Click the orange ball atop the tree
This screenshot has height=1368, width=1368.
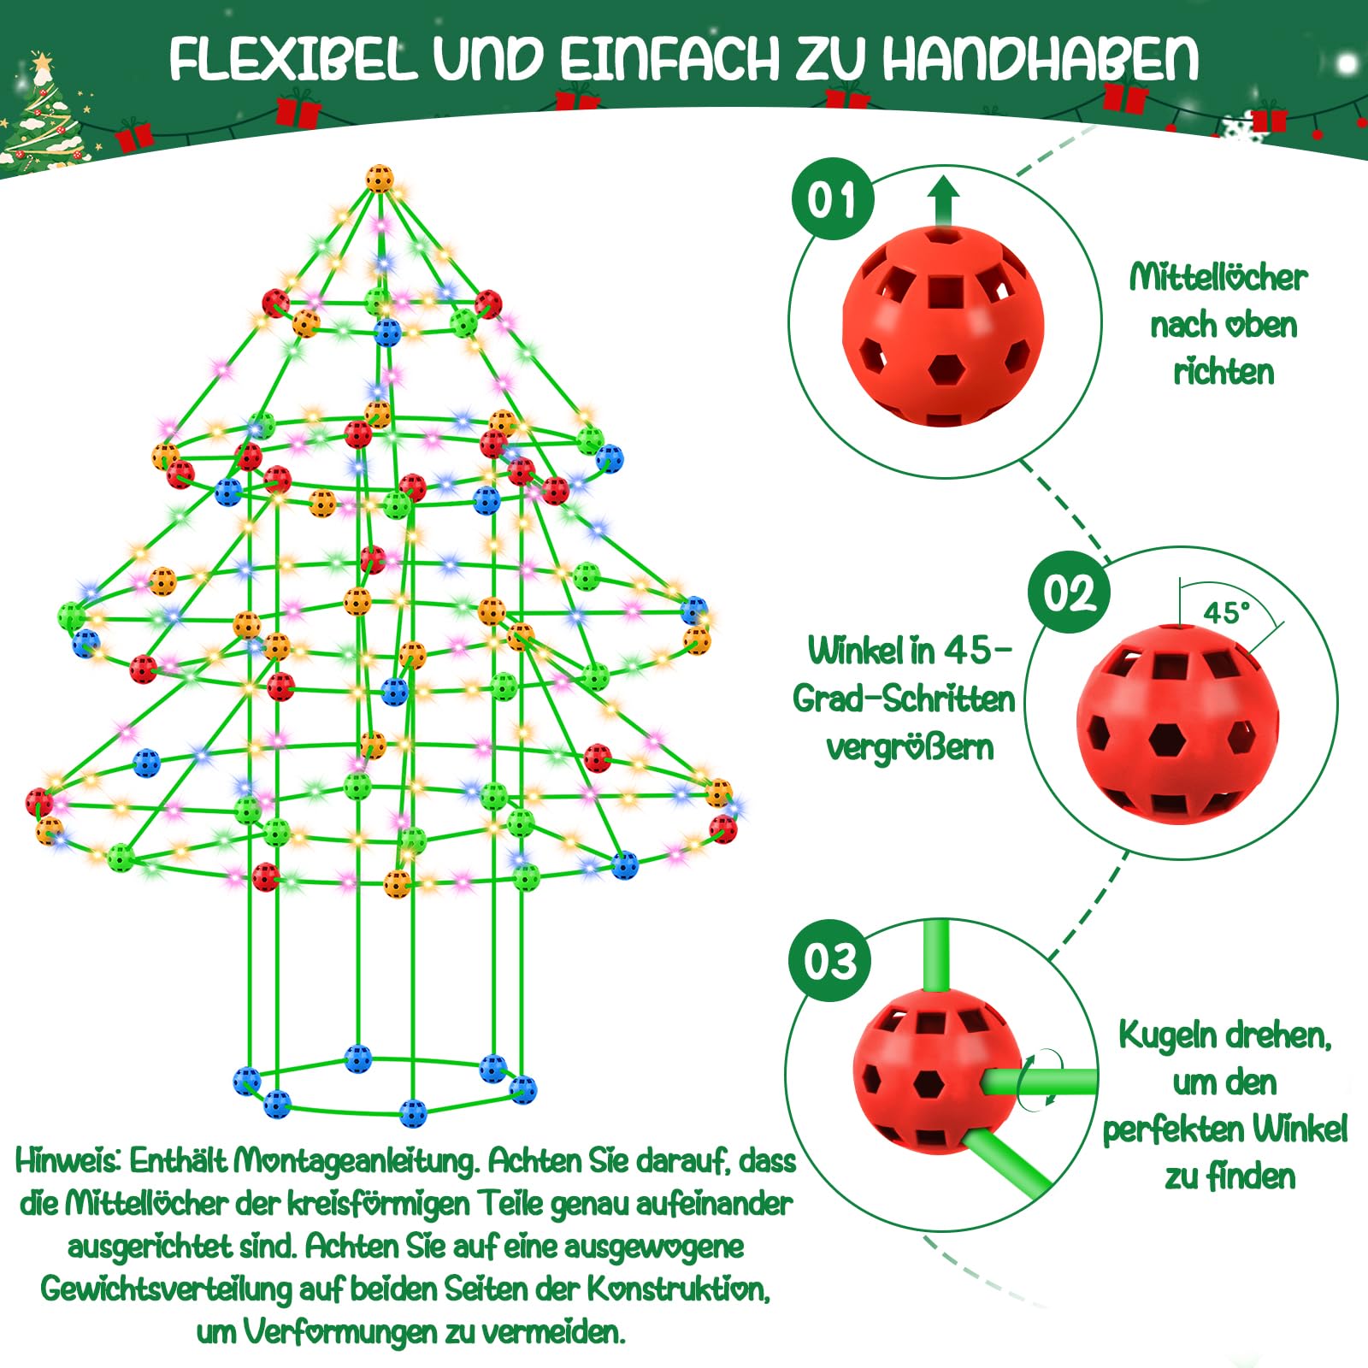380,179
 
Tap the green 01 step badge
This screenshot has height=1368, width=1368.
833,200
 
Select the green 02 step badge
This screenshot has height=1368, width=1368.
1070,592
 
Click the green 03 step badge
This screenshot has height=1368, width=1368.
829,961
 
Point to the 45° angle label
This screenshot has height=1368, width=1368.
1226,612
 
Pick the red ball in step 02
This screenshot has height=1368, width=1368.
1177,723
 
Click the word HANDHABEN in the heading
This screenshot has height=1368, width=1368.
1041,59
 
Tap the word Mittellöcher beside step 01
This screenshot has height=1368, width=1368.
1218,277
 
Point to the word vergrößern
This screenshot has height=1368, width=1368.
910,747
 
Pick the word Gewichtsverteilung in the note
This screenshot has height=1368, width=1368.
166,1288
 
